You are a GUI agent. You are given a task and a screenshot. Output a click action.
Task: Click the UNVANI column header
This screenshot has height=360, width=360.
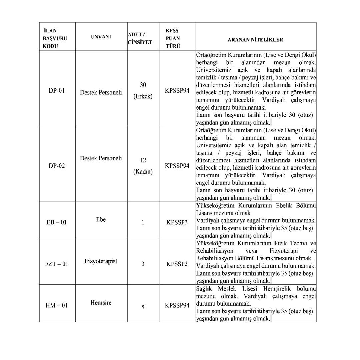[101, 37]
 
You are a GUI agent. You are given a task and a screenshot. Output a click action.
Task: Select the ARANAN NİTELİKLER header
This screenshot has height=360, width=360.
[255, 40]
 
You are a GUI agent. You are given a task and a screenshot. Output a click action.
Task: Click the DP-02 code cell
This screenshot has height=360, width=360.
[57, 166]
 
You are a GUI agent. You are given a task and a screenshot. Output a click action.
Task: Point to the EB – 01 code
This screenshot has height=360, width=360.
[57, 222]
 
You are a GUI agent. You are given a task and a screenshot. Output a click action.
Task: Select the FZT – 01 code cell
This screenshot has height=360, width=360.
[57, 264]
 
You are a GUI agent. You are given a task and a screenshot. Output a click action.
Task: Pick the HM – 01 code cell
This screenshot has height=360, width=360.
[57, 305]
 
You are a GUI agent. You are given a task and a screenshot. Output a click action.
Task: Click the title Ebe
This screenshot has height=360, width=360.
[101, 220]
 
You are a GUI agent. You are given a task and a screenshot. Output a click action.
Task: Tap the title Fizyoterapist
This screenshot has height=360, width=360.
[101, 261]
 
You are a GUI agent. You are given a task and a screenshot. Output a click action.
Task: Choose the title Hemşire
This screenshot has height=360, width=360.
[101, 303]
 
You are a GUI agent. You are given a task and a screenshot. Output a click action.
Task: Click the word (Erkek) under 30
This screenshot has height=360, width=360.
[143, 97]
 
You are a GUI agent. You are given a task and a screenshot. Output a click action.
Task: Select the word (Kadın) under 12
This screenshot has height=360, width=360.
[143, 172]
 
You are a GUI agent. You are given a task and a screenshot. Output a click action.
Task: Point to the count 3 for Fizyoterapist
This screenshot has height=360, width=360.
[143, 264]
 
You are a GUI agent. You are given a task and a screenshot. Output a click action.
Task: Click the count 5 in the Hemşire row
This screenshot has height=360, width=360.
[143, 307]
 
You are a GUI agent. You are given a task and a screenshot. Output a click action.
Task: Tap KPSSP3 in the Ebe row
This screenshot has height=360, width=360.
[177, 222]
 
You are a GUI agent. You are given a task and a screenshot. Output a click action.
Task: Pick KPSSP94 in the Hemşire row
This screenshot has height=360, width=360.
[177, 305]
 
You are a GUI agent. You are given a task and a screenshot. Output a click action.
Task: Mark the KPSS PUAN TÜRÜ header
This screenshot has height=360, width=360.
[173, 38]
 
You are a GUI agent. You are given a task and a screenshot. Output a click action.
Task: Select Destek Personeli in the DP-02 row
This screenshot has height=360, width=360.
[101, 158]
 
